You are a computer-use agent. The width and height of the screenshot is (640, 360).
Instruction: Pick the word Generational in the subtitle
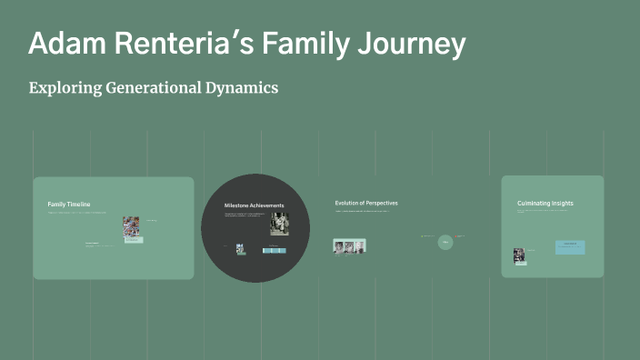click(x=152, y=89)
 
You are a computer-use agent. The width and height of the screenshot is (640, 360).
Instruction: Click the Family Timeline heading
click(x=69, y=204)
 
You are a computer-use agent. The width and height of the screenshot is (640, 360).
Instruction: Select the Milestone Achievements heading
click(x=255, y=205)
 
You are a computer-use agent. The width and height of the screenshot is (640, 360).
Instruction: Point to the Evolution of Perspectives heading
click(x=366, y=203)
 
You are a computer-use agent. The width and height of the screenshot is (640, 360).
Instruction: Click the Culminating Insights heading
click(x=545, y=204)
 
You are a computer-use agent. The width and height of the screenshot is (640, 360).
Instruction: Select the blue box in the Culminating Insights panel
click(x=570, y=247)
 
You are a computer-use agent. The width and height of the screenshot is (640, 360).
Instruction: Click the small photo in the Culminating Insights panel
click(x=519, y=255)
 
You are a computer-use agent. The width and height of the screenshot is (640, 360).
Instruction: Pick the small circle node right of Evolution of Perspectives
click(x=445, y=242)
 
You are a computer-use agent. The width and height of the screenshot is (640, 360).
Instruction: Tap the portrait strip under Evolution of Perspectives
click(x=349, y=246)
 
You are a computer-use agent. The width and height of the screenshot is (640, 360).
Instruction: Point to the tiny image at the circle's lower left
click(x=240, y=248)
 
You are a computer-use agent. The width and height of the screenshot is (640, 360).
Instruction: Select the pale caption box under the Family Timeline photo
click(x=134, y=240)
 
